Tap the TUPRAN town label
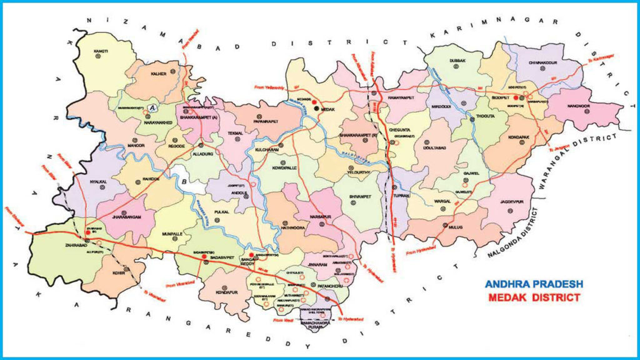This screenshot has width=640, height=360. [399, 195]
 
